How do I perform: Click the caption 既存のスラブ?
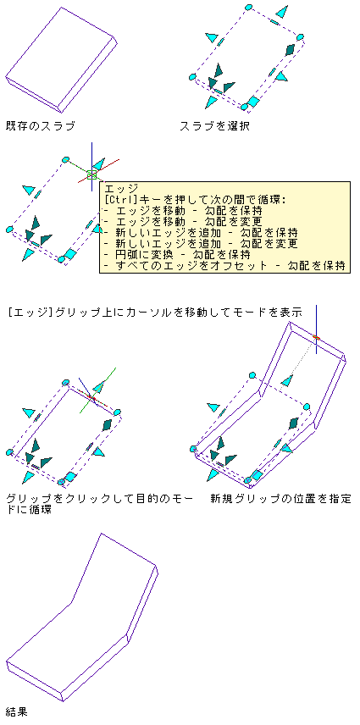pos(40,125)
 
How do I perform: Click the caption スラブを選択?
pos(214,125)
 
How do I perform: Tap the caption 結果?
pos(17,711)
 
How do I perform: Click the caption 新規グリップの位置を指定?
pos(280,499)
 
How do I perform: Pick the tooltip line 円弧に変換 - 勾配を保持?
pos(177,255)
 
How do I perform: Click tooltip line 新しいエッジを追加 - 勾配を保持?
pos(201,233)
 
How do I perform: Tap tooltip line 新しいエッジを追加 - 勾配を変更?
pos(201,244)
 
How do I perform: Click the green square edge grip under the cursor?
pos(91,174)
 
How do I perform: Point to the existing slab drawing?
pos(60,60)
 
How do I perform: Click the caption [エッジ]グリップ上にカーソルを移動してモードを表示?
pos(155,313)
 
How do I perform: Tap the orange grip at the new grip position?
pos(316,338)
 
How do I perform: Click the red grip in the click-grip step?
pos(91,397)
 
